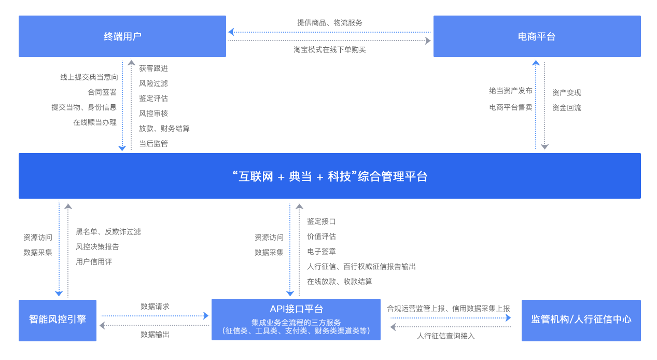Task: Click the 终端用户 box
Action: (122, 36)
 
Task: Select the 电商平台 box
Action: (537, 36)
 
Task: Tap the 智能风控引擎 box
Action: (58, 320)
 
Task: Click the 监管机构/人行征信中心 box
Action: (581, 320)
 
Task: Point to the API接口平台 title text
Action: (296, 309)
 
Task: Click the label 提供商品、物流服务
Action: (330, 23)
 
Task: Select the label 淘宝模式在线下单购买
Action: (330, 50)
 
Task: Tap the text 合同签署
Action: (102, 92)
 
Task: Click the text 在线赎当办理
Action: (95, 122)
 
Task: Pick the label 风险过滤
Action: (153, 84)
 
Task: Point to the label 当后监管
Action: (153, 144)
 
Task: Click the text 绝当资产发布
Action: (511, 91)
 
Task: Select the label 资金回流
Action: (567, 108)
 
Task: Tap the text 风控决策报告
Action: (97, 247)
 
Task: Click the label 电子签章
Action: (321, 252)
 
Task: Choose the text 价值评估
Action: (321, 237)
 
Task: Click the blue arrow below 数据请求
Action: (155, 315)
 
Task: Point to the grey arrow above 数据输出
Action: (155, 325)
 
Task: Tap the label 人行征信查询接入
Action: (446, 336)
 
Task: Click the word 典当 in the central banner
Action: (300, 176)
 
